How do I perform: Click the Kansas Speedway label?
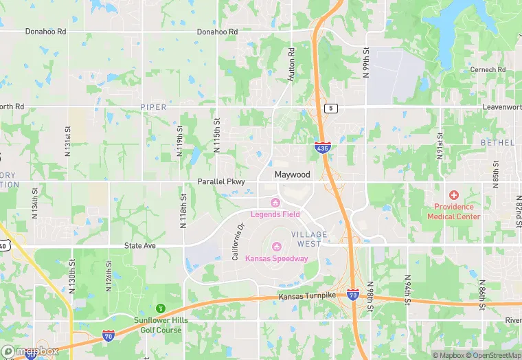point(277,258)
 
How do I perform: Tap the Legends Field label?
point(275,214)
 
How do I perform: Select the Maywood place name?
point(293,175)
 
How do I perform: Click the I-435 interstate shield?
point(321,147)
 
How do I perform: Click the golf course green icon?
point(161,308)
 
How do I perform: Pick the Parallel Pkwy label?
point(221,181)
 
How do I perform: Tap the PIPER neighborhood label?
point(153,107)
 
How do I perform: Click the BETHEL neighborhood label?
point(498,142)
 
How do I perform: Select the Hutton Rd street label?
point(291,65)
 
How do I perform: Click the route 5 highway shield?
point(332,108)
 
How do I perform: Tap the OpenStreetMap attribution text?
point(490,355)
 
